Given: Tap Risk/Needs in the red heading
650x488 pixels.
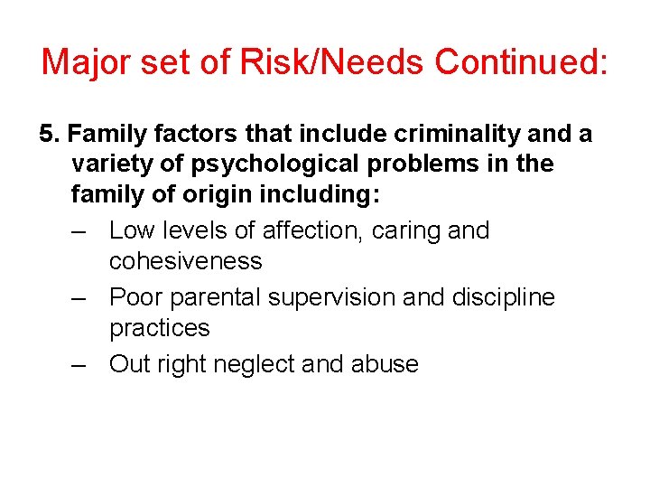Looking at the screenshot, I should click(329, 61).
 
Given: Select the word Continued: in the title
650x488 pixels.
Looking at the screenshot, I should click(521, 61).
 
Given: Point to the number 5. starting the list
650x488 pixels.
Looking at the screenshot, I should click(49, 135).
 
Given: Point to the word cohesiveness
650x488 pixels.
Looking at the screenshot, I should click(185, 261).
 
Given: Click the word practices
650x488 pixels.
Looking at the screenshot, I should click(159, 328).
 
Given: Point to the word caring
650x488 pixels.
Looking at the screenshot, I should click(404, 230).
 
